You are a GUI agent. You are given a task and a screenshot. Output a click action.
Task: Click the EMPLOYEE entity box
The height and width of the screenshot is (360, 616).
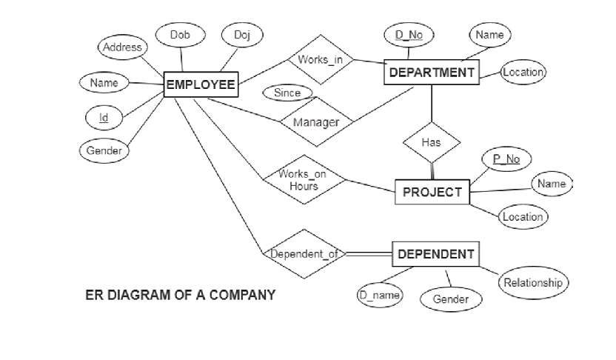click(201, 84)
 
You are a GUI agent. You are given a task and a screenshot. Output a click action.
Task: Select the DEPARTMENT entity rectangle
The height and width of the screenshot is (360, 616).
click(431, 72)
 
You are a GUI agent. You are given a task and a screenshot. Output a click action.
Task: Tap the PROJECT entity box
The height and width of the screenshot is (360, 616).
click(432, 192)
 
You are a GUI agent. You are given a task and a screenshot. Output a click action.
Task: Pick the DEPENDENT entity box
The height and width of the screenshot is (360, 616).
click(435, 254)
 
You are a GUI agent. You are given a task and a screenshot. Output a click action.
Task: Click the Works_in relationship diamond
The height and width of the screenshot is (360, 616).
click(319, 59)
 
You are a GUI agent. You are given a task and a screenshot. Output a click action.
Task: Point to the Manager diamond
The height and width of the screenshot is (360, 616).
click(316, 122)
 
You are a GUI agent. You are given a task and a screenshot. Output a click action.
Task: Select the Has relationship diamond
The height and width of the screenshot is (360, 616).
click(431, 141)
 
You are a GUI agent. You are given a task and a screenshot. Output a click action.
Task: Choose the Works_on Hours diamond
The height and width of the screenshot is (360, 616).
click(304, 180)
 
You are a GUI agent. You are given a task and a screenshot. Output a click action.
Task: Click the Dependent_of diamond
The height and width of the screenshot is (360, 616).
click(303, 254)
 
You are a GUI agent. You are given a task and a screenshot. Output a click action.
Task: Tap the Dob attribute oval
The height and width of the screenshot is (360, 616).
click(179, 35)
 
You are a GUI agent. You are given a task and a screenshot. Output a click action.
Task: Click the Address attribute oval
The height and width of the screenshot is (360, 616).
click(122, 47)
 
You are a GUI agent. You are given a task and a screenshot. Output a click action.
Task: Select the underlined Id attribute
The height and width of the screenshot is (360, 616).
click(103, 116)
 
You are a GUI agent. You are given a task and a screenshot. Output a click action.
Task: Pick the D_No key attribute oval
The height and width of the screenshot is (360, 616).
click(409, 35)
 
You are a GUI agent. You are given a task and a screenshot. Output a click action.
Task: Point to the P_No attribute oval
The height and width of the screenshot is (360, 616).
click(506, 159)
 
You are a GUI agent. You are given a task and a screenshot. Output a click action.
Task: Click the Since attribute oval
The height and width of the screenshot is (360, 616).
click(287, 93)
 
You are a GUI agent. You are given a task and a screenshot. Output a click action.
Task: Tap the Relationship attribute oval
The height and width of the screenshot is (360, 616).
click(532, 282)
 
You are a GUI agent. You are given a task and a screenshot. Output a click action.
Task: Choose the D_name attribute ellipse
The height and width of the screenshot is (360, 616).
click(380, 296)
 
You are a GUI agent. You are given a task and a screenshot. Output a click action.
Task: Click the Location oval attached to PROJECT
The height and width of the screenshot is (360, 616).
click(523, 217)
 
